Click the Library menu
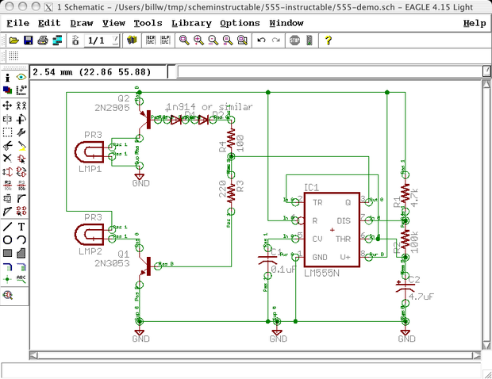(x=191, y=23)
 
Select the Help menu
(x=474, y=23)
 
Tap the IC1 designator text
(x=311, y=188)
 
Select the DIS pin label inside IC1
(x=343, y=220)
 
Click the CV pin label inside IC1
(x=317, y=238)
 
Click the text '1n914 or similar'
(x=209, y=106)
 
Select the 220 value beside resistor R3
(x=222, y=191)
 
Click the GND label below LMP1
(x=140, y=182)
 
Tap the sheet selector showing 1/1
(x=95, y=40)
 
